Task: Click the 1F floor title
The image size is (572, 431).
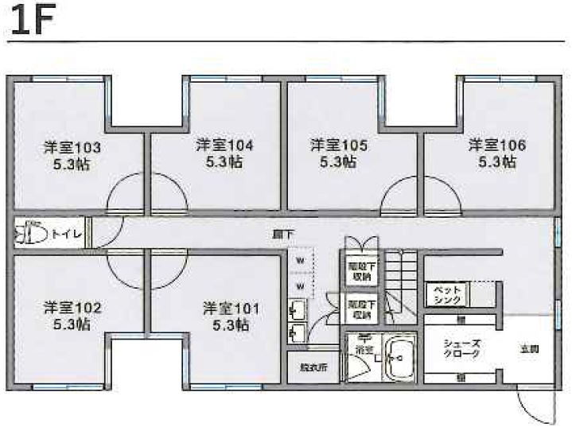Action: pyautogui.click(x=30, y=22)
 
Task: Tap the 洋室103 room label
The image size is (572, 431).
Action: pyautogui.click(x=72, y=148)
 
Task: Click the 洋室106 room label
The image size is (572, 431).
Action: pyautogui.click(x=496, y=146)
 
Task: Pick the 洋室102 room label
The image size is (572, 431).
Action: pyautogui.click(x=72, y=307)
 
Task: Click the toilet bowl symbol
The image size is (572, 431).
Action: pyautogui.click(x=31, y=234)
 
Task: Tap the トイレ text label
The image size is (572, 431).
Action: pyautogui.click(x=65, y=235)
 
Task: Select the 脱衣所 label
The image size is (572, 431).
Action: pyautogui.click(x=302, y=368)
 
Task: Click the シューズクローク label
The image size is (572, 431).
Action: pyautogui.click(x=461, y=348)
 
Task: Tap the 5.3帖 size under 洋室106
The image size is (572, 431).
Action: pyautogui.click(x=496, y=162)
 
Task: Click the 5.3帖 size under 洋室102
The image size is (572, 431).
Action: pyautogui.click(x=72, y=324)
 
